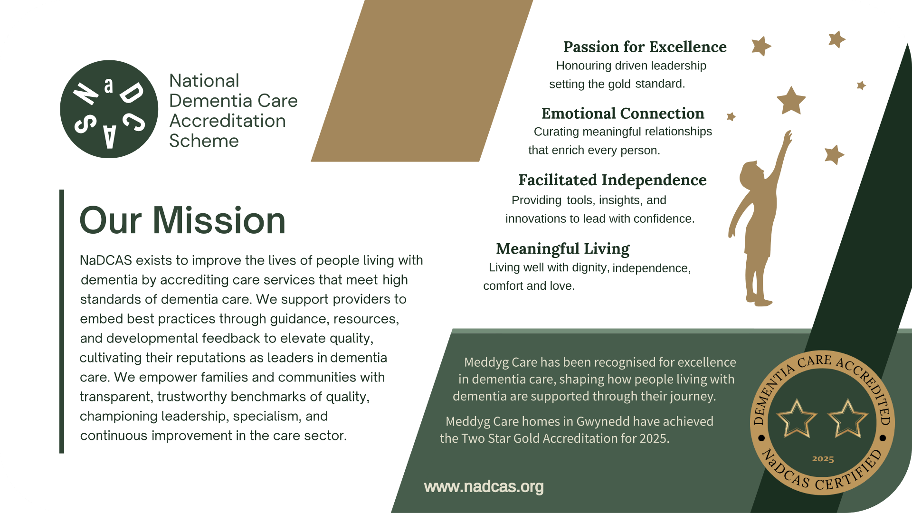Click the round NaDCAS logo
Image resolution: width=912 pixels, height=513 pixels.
coord(109,109)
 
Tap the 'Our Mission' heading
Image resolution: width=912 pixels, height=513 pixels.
coord(182,220)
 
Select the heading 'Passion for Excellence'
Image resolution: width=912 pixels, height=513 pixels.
coord(645,47)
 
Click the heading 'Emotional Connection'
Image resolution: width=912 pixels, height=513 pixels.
coord(623,114)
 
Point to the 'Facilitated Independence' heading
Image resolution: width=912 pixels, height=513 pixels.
coord(612,180)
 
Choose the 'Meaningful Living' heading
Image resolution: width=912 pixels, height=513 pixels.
coord(563,249)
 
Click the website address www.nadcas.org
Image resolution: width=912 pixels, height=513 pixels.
coord(484,487)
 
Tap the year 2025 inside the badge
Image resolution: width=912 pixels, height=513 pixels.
coord(823,459)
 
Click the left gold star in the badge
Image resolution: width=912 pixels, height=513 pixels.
coord(797,418)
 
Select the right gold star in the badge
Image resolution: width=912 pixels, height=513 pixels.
coord(848,418)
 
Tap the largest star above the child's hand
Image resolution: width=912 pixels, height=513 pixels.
coord(791,100)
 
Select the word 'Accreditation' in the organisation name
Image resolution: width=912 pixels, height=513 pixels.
coord(228,121)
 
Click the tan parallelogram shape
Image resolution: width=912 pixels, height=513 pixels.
coord(422,81)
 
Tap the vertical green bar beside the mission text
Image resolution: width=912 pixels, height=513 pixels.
coord(62,322)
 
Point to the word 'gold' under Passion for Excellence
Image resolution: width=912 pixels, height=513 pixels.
coord(619,84)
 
